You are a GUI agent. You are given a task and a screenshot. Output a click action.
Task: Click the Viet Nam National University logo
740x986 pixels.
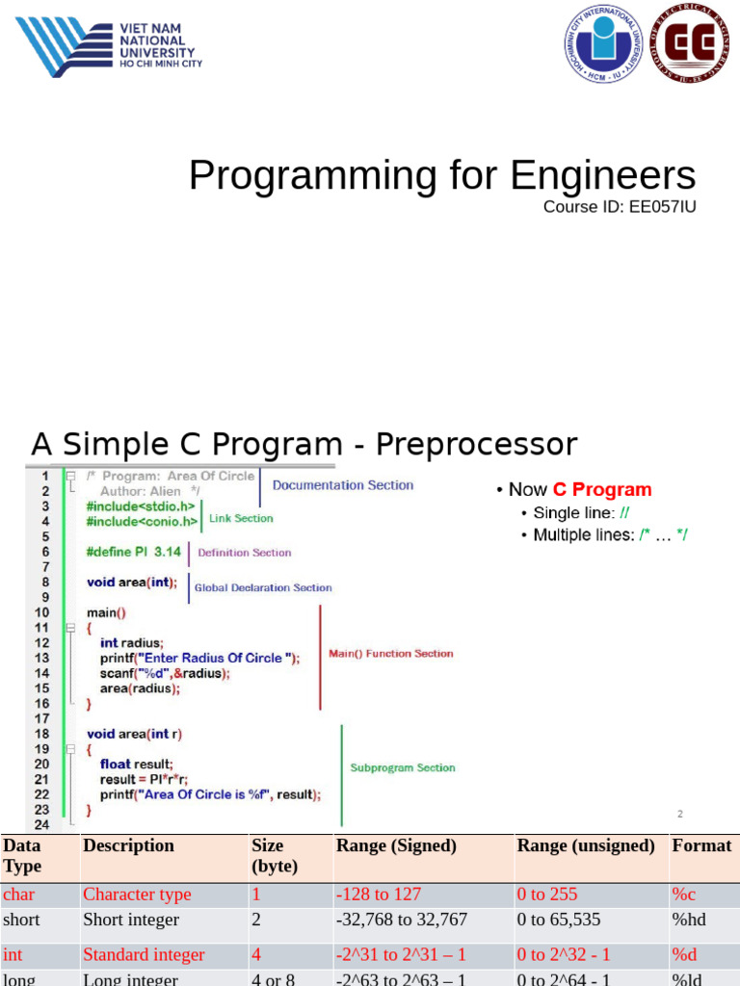tap(108, 45)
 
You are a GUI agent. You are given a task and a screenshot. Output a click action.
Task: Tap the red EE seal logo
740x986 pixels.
tap(692, 42)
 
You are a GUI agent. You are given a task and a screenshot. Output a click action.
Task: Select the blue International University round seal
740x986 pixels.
tap(604, 43)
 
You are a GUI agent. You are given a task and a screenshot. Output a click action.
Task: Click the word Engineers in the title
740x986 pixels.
tap(602, 176)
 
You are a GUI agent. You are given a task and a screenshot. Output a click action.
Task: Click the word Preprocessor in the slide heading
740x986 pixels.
tap(476, 445)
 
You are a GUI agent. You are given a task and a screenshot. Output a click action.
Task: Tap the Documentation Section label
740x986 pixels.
tap(342, 485)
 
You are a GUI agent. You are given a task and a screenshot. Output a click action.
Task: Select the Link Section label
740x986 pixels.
tap(241, 518)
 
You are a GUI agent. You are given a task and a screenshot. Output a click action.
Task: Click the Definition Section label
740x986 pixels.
tap(244, 553)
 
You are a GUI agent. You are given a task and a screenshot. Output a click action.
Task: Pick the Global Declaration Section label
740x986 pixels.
tap(263, 587)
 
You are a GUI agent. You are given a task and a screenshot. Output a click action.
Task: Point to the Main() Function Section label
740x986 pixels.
tap(390, 654)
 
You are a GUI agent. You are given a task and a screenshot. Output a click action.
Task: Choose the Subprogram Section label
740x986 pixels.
tap(403, 767)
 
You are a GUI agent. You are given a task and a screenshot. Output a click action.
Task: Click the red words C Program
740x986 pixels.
tap(602, 490)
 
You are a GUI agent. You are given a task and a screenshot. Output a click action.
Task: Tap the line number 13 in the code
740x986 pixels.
tap(41, 658)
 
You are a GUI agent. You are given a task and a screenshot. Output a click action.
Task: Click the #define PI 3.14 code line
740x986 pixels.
tap(135, 552)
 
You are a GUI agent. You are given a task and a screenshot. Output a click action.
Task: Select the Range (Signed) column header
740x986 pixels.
tap(396, 845)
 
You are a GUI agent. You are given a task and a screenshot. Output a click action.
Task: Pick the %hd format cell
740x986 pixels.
tap(689, 920)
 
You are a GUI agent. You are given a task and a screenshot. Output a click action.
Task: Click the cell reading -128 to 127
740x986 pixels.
tap(379, 895)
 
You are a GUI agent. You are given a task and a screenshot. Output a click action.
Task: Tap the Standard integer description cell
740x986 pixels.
tap(144, 954)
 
